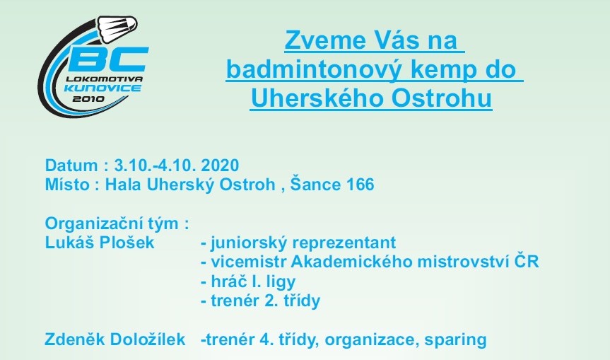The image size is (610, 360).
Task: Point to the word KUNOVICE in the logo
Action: click(102, 88)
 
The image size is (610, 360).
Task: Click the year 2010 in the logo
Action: click(88, 99)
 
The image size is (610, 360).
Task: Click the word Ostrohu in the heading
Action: click(442, 98)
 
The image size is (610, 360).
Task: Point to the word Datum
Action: click(71, 166)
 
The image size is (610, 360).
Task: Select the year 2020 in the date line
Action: click(220, 166)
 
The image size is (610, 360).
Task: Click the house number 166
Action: click(360, 185)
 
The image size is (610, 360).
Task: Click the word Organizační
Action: click(92, 223)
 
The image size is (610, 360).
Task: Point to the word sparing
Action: click(455, 339)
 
